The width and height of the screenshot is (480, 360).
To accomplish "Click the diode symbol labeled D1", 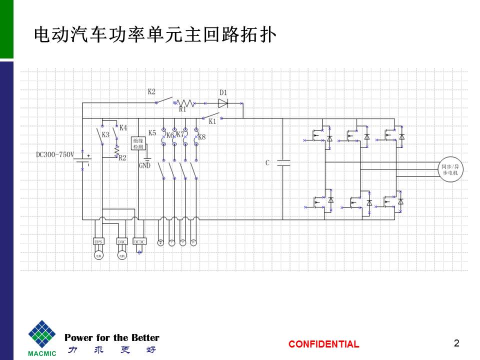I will point(223,103).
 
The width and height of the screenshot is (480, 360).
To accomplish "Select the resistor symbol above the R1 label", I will point(185,102).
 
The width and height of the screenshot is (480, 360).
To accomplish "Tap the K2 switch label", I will point(151,91).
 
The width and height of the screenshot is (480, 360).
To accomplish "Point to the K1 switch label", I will point(212,121).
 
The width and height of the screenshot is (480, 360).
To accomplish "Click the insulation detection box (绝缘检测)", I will point(138,144).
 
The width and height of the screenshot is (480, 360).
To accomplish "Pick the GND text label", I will point(144,165).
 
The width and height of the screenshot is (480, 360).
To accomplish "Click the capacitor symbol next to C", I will point(283,163).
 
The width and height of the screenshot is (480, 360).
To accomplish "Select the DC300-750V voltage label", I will point(54,154).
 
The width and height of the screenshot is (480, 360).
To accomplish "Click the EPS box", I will point(98,241).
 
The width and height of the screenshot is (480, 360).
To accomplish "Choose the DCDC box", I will point(138,241).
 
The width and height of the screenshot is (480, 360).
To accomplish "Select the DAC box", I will point(121,241).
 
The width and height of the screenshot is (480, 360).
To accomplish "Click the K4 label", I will point(123,127).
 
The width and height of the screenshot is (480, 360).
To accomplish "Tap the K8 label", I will point(201,137).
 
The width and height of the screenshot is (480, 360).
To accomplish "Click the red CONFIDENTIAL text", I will point(323,344).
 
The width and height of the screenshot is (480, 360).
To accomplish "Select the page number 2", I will point(456,343).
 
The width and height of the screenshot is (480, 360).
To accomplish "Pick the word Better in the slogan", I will point(145,337).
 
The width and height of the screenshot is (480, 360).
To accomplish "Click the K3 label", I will point(105,135).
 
